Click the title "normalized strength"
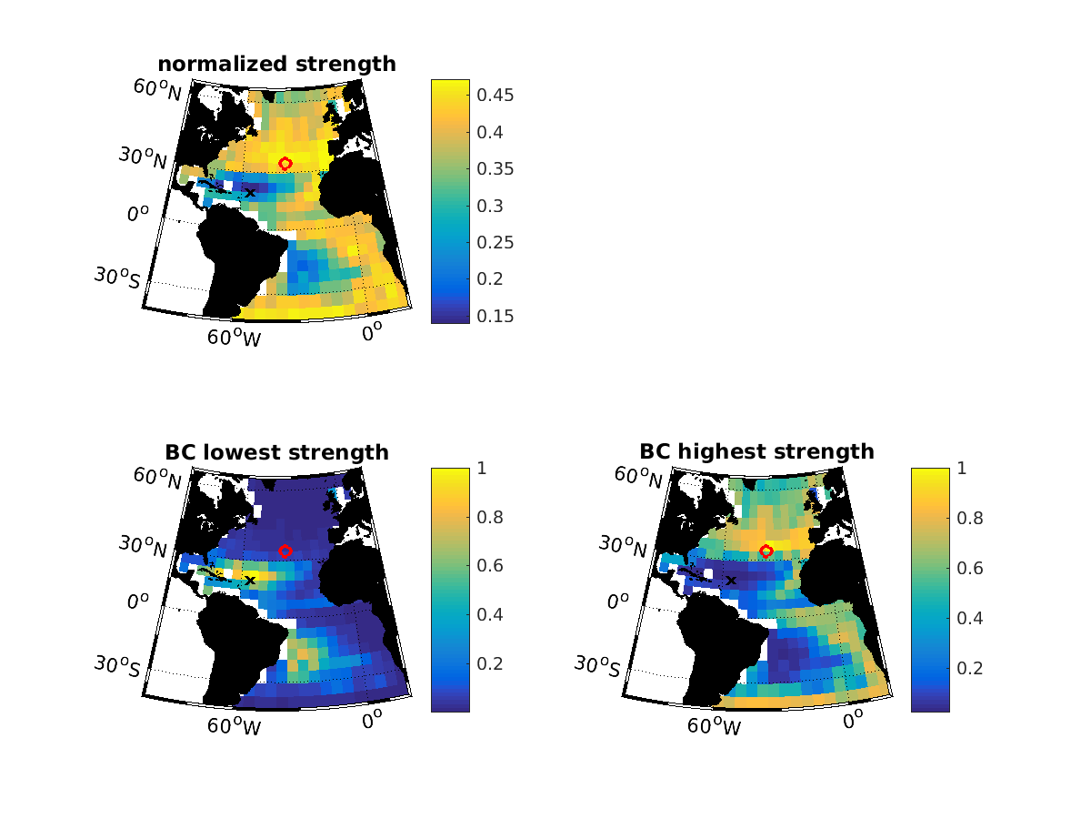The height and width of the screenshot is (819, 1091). pyautogui.click(x=276, y=64)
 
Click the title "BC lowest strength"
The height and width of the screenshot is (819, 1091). pyautogui.click(x=276, y=452)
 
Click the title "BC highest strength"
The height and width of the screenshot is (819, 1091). pyautogui.click(x=756, y=451)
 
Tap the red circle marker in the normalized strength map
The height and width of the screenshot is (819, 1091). pyautogui.click(x=285, y=163)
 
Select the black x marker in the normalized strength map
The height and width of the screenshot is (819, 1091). pyautogui.click(x=250, y=192)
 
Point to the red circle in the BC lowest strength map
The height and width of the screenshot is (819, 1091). pyautogui.click(x=285, y=551)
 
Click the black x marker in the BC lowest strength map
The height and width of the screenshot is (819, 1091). pyautogui.click(x=250, y=580)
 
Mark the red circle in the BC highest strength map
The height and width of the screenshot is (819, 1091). pyautogui.click(x=766, y=551)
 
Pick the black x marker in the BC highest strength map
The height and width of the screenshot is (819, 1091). pyautogui.click(x=730, y=580)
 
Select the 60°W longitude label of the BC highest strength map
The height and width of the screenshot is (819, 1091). pyautogui.click(x=715, y=725)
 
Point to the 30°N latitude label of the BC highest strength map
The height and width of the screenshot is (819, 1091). pyautogui.click(x=624, y=545)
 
